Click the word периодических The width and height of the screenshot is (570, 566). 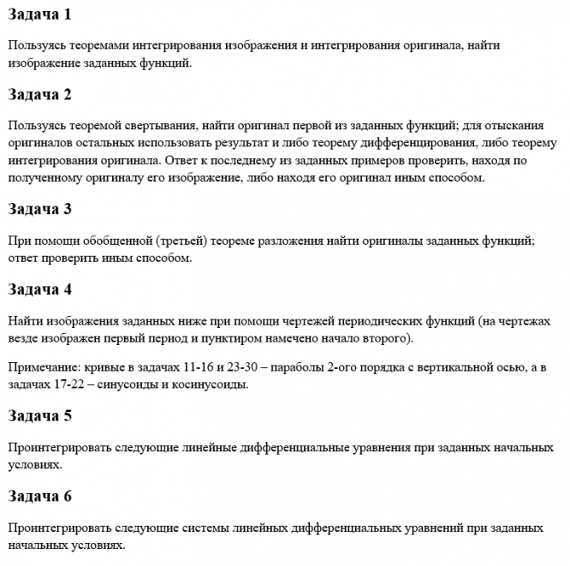click(385, 320)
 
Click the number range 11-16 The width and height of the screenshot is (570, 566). click(199, 366)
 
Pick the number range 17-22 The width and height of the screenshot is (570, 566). click(80, 384)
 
